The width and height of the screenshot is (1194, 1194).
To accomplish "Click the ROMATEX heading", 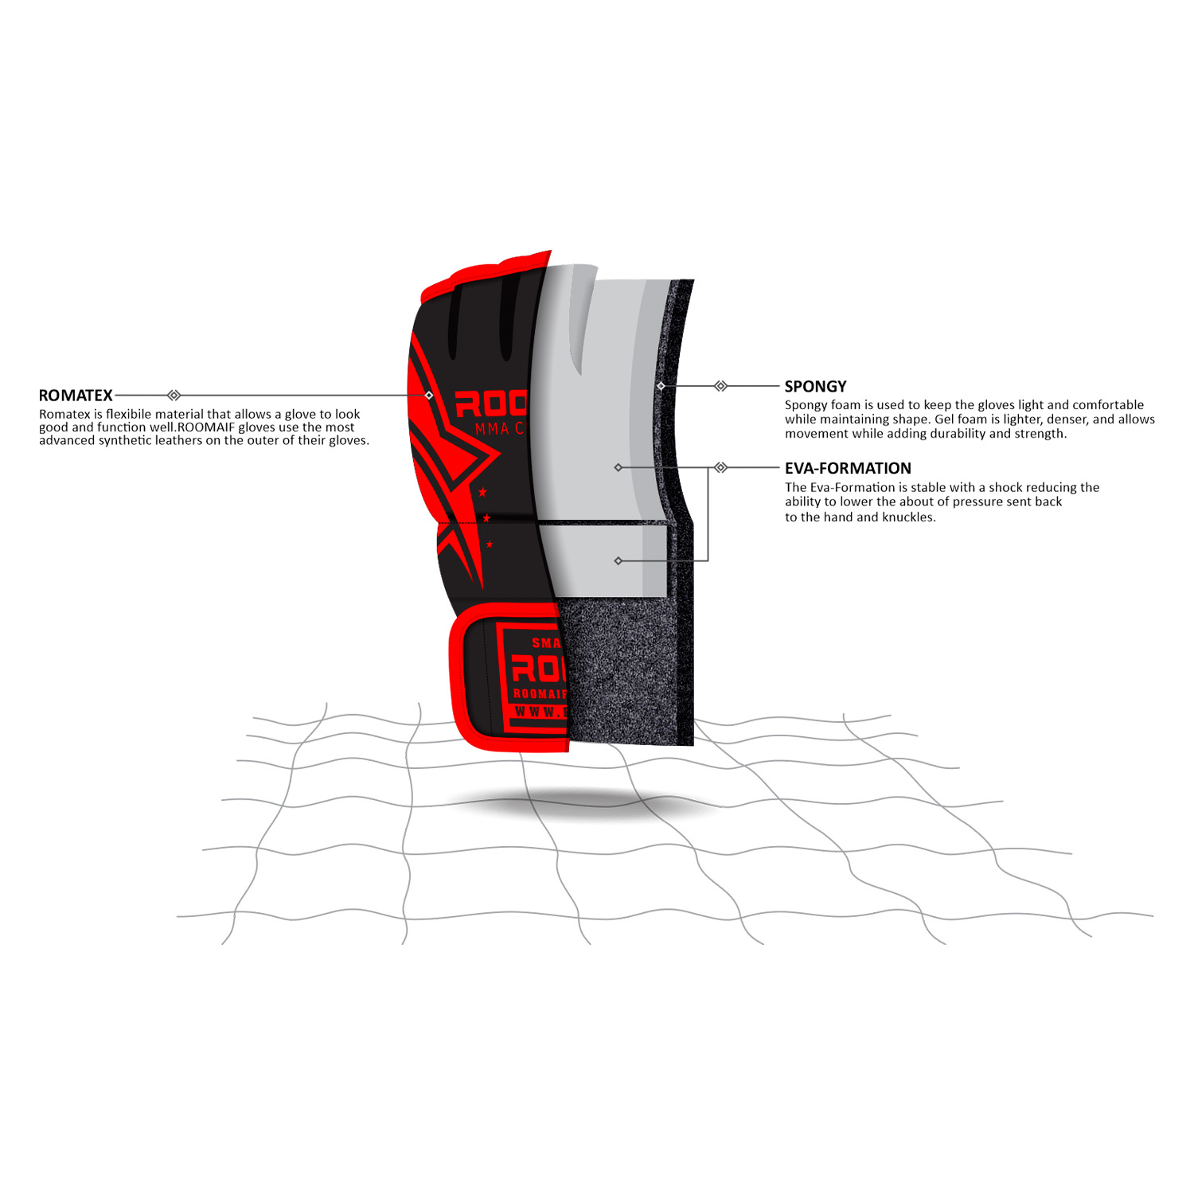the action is point(76,396).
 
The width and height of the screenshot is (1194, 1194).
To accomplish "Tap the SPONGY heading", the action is point(815,387).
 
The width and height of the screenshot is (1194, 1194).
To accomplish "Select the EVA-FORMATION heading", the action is point(848,469).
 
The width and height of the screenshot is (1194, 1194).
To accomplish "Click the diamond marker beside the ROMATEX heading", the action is point(174,396).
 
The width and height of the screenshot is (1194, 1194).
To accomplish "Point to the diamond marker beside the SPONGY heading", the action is point(720,386).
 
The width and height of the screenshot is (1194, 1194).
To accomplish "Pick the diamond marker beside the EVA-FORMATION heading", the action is point(720,467).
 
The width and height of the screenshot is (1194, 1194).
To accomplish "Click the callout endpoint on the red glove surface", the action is point(429,396).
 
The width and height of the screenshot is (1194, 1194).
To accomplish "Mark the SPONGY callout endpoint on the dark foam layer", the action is point(661,386).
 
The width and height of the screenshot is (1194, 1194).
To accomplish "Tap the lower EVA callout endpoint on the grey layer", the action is point(618,561).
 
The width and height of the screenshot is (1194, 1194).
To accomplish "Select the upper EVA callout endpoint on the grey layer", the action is point(618,467).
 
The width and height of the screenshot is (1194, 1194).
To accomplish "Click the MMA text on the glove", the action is point(492,429).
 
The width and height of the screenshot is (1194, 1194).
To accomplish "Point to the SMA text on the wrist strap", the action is point(547,642).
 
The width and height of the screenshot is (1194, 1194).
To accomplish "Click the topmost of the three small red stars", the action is point(482,492).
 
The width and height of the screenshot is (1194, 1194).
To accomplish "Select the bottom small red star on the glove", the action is point(490,544).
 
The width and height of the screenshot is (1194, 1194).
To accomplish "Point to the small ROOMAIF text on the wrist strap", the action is point(540,694).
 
